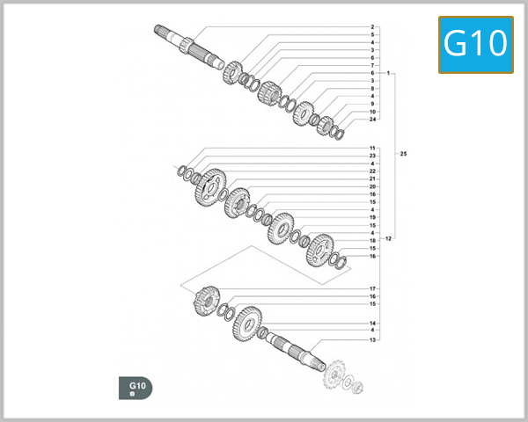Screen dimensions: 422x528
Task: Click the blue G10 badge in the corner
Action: (476, 44)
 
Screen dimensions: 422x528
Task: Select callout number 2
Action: (372, 27)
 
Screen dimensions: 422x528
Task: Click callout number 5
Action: (372, 35)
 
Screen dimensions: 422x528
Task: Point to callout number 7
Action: (372, 66)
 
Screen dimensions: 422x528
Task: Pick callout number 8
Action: (372, 89)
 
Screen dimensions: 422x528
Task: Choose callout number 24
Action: (372, 120)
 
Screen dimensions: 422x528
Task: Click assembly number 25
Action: (403, 155)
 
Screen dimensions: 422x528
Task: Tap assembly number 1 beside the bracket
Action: (387, 73)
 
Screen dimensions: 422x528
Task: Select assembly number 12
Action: (388, 238)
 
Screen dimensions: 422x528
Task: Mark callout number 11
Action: (372, 148)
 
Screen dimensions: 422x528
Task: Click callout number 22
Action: (372, 171)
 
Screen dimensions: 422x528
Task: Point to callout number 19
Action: (372, 217)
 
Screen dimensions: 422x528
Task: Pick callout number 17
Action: (372, 288)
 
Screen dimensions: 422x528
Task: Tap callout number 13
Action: (372, 339)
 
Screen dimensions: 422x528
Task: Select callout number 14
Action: (372, 324)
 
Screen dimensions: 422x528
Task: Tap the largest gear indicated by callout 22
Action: (209, 186)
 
